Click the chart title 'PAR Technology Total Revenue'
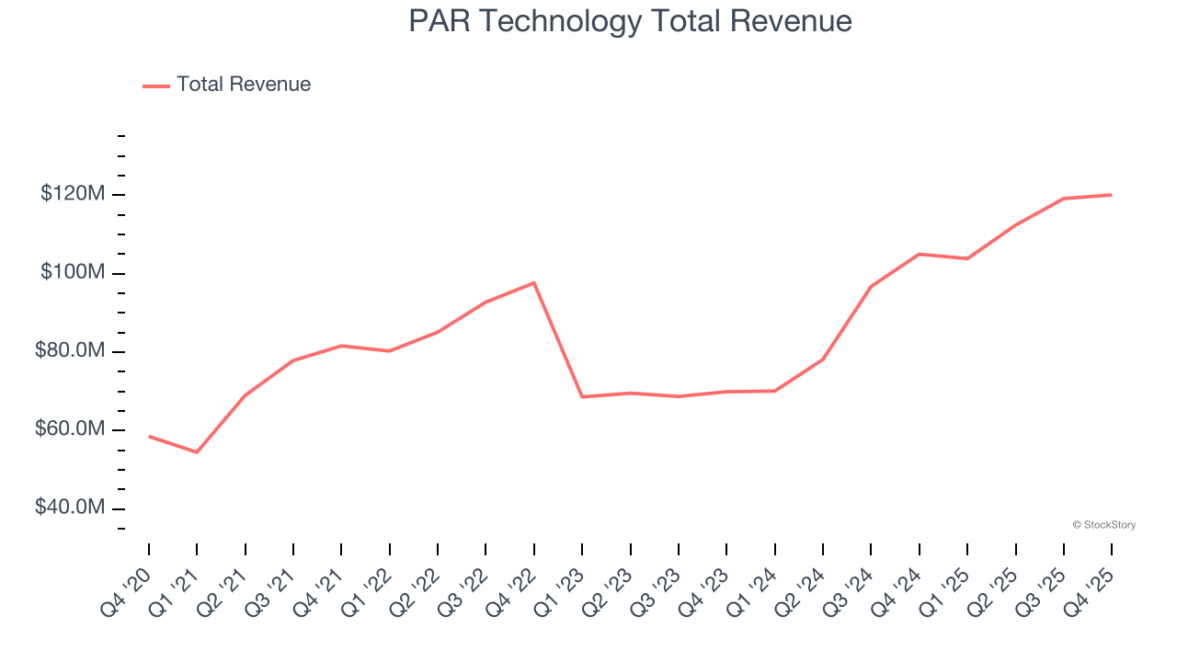click(630, 21)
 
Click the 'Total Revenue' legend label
click(244, 85)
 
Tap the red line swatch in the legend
click(156, 86)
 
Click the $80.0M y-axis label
click(70, 351)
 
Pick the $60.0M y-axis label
click(70, 429)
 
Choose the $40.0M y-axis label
click(70, 508)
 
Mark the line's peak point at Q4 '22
click(534, 282)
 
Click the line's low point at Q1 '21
click(197, 452)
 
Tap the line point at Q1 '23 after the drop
click(582, 396)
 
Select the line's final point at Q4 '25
click(1112, 195)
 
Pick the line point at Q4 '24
click(920, 254)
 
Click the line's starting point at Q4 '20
click(149, 436)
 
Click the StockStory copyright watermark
click(1103, 525)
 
